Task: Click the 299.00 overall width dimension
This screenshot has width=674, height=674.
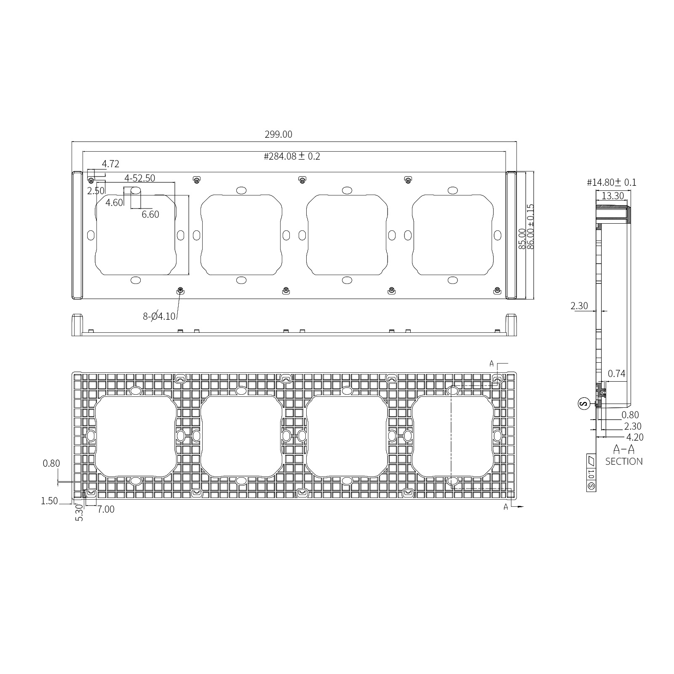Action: pos(278,134)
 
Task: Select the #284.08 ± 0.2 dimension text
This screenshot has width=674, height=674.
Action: pos(292,157)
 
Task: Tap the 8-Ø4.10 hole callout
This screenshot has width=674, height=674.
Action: pos(159,316)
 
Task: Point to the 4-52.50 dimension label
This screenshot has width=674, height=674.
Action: pos(139,178)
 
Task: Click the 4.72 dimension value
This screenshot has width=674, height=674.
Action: pos(110,164)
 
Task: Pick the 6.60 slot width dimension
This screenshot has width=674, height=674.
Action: pos(150,214)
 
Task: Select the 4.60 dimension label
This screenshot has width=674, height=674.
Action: pos(114,203)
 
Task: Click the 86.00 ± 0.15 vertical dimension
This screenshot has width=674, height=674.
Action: pos(531,227)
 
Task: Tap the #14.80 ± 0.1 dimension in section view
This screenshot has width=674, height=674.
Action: pos(612,182)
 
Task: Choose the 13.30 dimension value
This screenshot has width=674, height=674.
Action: pos(612,196)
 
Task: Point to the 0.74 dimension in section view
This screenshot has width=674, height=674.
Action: pos(617,374)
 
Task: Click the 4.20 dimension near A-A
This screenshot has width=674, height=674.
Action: pos(635,437)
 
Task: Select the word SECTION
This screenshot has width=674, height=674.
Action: pos(624,461)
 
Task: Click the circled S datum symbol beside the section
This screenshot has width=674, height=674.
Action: pos(583,404)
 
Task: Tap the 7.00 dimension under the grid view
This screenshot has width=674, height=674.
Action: pos(106,509)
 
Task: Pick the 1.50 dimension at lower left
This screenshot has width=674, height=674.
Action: pos(49,501)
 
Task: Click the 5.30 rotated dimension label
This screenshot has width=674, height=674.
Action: pos(79,514)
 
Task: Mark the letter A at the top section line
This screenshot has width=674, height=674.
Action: pos(491,364)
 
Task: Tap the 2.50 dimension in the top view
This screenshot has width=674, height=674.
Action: pos(96,191)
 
